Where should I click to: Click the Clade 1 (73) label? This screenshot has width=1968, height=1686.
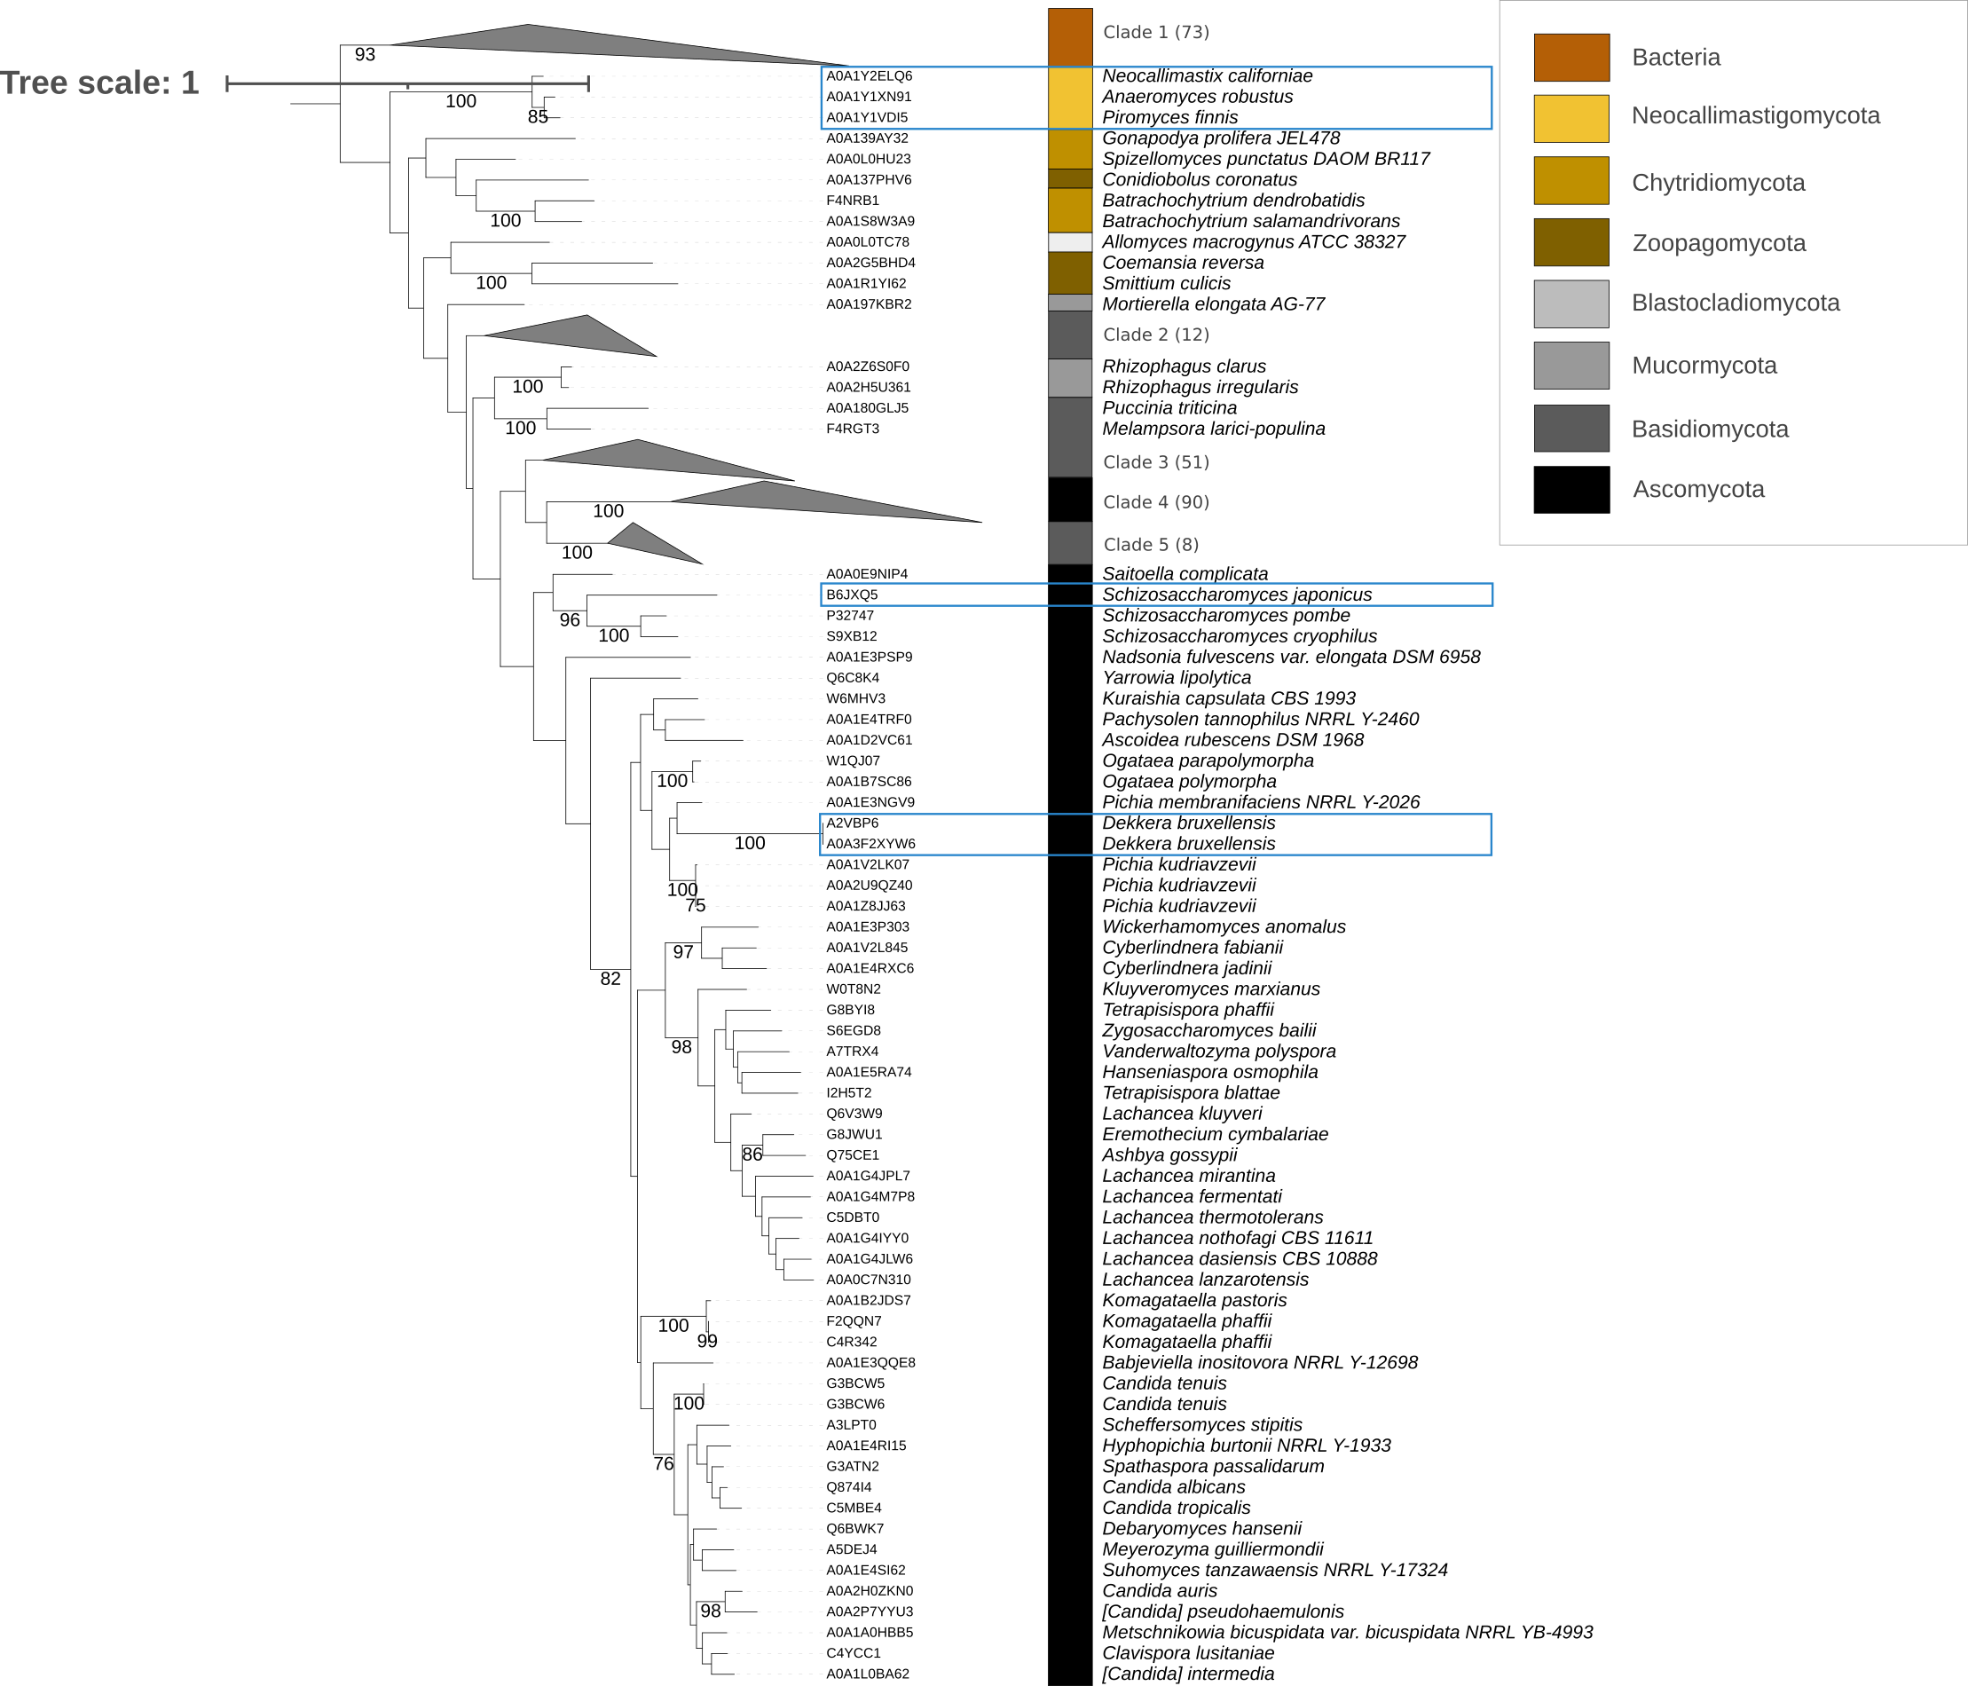(x=1155, y=32)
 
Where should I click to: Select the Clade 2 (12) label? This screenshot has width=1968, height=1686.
(x=1155, y=335)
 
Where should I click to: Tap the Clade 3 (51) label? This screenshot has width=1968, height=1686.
(x=1155, y=461)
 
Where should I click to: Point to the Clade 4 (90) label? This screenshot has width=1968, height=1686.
(x=1155, y=501)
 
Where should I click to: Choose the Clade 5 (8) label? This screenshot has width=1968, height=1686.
(x=1150, y=544)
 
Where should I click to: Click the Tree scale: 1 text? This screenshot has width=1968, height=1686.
(x=99, y=83)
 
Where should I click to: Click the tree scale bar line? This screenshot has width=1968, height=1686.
(x=406, y=83)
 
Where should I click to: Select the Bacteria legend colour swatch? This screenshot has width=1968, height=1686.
(x=1571, y=57)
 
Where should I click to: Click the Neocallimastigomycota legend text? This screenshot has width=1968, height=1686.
(x=1755, y=116)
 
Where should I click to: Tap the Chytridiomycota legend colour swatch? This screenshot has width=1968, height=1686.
(x=1571, y=180)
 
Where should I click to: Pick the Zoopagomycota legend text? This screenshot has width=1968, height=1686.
(x=1718, y=243)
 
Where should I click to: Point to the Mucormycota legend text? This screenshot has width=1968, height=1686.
(x=1704, y=366)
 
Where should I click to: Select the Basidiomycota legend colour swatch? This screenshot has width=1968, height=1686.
(x=1571, y=429)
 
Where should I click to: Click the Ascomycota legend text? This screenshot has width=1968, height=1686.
(x=1698, y=489)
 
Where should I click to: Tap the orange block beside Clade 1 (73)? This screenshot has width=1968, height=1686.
(x=1069, y=37)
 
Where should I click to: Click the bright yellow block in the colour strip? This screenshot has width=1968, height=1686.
(x=1069, y=98)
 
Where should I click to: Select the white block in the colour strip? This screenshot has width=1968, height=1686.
(x=1069, y=242)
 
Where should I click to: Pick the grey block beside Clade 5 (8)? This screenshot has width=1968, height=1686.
(x=1069, y=542)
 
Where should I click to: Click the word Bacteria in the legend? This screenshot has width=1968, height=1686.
(x=1675, y=57)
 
